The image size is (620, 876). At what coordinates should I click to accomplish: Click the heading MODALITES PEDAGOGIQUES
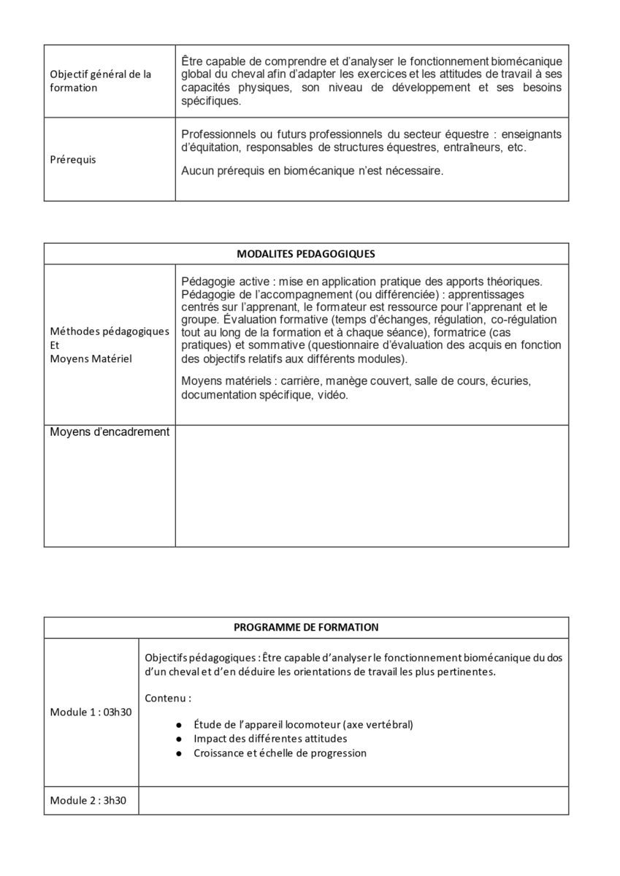pyautogui.click(x=306, y=254)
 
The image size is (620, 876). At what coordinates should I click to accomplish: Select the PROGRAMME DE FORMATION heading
pyautogui.click(x=306, y=627)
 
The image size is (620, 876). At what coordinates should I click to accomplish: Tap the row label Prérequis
pyautogui.click(x=72, y=159)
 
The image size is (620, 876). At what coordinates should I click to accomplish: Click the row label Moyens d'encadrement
pyautogui.click(x=110, y=432)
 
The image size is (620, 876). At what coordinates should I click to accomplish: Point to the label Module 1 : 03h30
pyautogui.click(x=91, y=712)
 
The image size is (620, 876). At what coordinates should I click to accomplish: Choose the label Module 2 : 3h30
pyautogui.click(x=88, y=800)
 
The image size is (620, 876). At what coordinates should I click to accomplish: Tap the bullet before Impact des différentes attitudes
pyautogui.click(x=179, y=739)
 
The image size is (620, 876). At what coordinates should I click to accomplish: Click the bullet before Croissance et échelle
pyautogui.click(x=179, y=753)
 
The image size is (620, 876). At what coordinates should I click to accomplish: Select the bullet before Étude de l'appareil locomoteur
pyautogui.click(x=179, y=724)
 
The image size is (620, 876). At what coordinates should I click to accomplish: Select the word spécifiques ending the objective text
pyautogui.click(x=210, y=101)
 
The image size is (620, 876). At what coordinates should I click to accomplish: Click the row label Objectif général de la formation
pyautogui.click(x=100, y=80)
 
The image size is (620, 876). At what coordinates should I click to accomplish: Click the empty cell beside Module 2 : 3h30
pyautogui.click(x=353, y=800)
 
